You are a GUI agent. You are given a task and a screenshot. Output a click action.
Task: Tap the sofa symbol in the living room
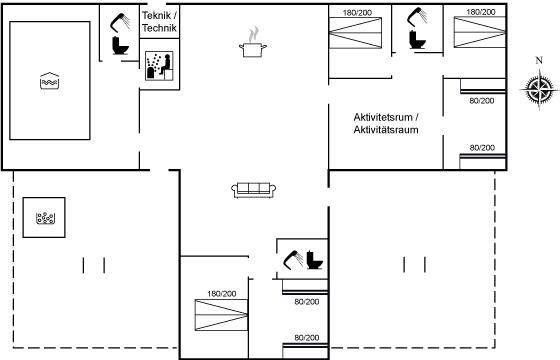pos(253,190)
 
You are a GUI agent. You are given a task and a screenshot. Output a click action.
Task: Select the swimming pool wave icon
pos(49,81)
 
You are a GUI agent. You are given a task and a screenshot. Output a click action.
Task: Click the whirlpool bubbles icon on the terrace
pos(45,218)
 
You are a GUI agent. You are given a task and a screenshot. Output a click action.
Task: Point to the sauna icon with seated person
pos(159,66)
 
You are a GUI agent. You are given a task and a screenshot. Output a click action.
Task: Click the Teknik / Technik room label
pos(159,22)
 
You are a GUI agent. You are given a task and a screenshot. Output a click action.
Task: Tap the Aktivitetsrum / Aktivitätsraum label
pos(386,123)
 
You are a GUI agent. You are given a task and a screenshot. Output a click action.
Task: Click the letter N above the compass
pos(539,60)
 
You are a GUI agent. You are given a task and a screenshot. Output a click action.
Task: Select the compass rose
pos(540,88)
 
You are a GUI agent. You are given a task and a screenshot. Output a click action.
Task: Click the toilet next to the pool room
pos(120,45)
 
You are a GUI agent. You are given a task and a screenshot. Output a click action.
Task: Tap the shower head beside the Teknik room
pos(119,22)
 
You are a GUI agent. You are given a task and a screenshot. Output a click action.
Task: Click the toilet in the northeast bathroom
pos(417,40)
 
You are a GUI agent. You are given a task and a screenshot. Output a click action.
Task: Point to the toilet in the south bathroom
pos(315,260)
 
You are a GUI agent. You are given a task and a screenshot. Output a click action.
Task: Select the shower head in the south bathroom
pos(293,260)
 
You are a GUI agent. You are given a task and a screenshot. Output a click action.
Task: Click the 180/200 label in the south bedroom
pos(222,294)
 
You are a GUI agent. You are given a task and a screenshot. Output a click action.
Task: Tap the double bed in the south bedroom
pos(221,315)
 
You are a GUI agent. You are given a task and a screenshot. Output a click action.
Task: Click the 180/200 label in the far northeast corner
pos(481,12)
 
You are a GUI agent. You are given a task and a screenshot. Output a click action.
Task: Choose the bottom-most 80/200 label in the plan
pos(307,338)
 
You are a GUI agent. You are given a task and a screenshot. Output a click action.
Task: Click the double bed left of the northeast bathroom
pos(355,33)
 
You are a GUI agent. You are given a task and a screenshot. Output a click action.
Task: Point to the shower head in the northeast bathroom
pos(416,17)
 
